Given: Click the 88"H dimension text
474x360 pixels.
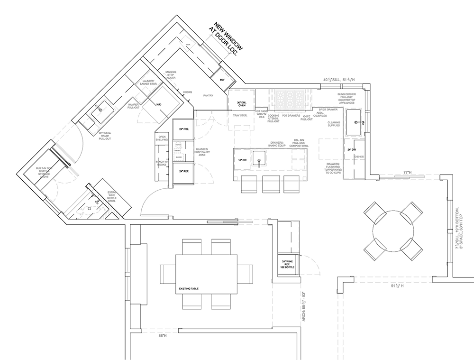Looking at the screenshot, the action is click(x=163, y=335).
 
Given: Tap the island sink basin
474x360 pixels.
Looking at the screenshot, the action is click(x=259, y=157).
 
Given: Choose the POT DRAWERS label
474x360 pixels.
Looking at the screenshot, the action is click(x=291, y=115).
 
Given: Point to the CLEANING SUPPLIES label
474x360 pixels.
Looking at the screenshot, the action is click(x=334, y=124).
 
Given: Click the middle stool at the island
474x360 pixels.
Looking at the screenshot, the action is click(x=270, y=184).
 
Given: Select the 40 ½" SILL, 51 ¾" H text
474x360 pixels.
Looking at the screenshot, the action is click(x=342, y=79).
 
